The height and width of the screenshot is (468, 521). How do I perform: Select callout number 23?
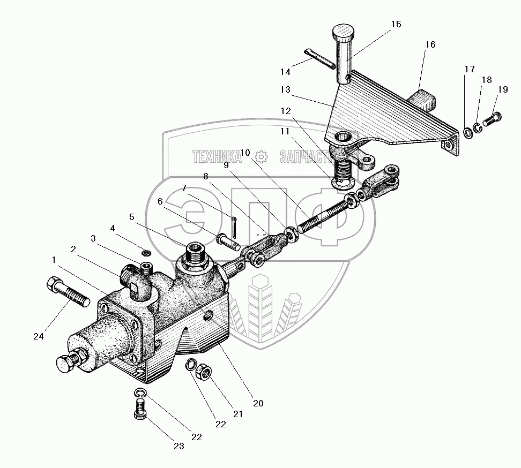click(x=178, y=446)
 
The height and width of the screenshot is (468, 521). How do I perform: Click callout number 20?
click(x=258, y=403)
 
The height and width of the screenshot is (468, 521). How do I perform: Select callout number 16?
click(x=430, y=45)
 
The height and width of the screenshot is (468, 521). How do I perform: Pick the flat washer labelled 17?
click(x=467, y=131)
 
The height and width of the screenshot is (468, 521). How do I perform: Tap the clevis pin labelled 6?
click(x=228, y=240)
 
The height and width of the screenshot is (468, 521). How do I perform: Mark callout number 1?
click(x=54, y=259)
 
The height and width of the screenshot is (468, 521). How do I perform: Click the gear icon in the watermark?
click(x=261, y=156)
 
